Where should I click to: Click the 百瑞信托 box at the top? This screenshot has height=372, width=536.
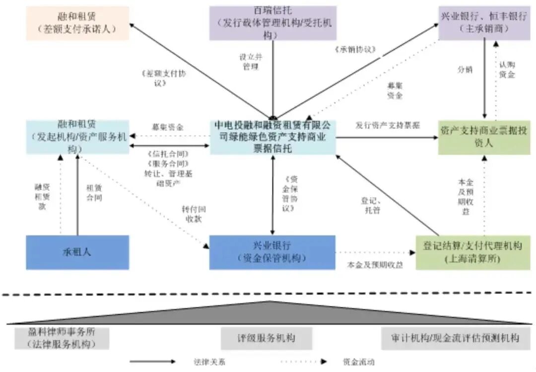click(x=272, y=23)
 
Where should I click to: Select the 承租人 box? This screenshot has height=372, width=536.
click(x=77, y=252)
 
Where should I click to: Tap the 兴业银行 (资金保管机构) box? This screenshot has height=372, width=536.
click(x=272, y=252)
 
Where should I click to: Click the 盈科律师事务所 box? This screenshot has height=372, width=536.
click(x=62, y=338)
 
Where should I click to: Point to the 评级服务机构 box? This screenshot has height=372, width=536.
click(x=266, y=338)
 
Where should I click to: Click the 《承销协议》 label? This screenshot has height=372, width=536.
click(x=355, y=50)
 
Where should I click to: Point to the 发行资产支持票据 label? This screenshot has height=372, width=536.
click(x=388, y=125)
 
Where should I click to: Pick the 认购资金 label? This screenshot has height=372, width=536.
click(x=507, y=70)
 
